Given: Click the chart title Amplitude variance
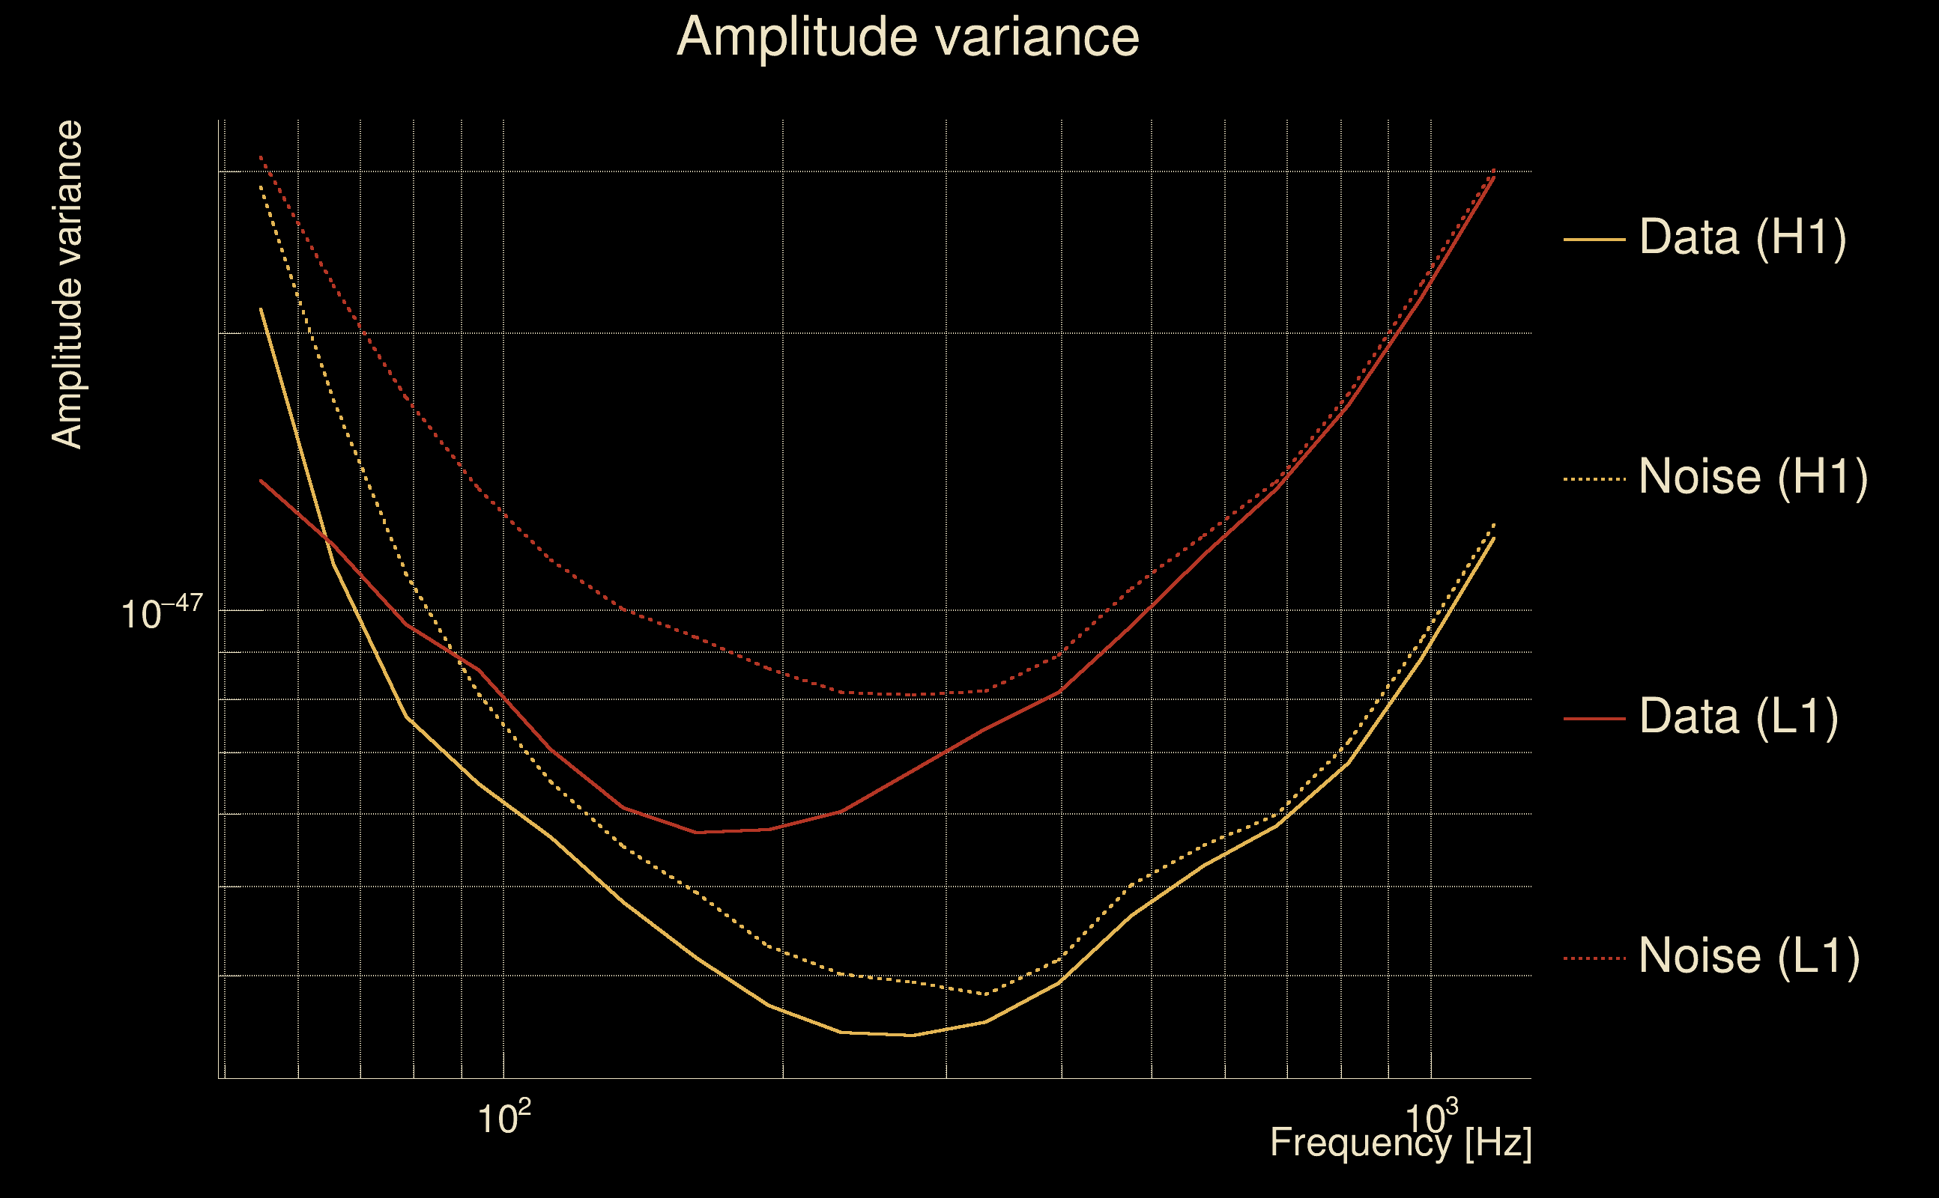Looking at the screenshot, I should pos(907,37).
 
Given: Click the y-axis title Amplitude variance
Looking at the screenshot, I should pos(67,285).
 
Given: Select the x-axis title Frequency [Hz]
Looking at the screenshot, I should pos(1401,1143).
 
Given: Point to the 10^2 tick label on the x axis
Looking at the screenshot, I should pos(503,1118).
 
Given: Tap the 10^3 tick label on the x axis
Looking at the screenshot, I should pos(1431,1116).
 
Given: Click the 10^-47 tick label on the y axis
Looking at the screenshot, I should pos(162,613).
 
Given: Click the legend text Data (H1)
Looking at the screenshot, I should pos(1743,237).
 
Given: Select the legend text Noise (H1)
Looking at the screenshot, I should pos(1752,477).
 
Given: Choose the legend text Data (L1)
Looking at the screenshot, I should pos(1738,717).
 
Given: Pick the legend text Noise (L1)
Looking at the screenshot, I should pos(1749,956).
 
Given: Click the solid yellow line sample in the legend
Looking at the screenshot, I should pos(1594,239).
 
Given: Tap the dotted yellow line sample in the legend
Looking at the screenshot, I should pos(1594,478).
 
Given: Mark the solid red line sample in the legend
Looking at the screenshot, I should pos(1594,719).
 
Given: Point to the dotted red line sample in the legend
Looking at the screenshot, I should pos(1594,958).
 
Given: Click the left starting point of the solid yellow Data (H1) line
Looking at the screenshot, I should pos(261,309).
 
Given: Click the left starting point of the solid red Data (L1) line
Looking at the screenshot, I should pos(261,480).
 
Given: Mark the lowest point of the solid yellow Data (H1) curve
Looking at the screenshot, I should pos(913,1035).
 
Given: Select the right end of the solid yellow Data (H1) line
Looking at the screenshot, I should pos(1494,538).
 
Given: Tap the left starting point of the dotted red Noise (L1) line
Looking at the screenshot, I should pos(261,157).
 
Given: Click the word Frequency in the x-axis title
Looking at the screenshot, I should pos(1361,1143).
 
